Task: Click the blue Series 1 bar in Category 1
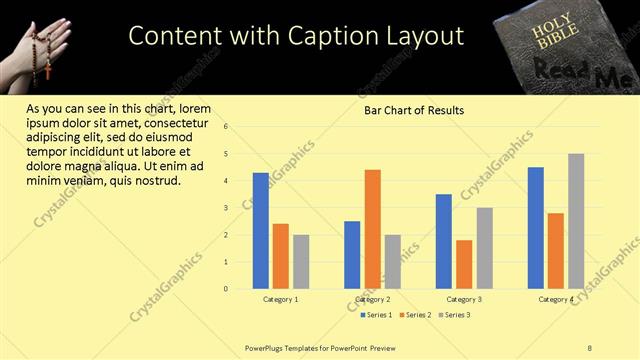pos(261,231)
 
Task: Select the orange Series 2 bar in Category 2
pos(372,229)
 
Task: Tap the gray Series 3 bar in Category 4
pos(576,221)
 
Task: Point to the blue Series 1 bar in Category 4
pos(536,228)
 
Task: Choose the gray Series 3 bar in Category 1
pos(301,262)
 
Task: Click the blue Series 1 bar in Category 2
pos(352,255)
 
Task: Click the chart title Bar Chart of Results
pos(413,111)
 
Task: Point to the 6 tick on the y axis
pos(227,127)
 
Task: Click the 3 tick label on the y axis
pos(227,208)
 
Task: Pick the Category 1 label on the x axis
pos(281,299)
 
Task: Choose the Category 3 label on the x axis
pos(464,299)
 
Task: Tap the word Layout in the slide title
pos(422,36)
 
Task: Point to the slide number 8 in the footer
pos(590,347)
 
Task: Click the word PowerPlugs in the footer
pos(267,347)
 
